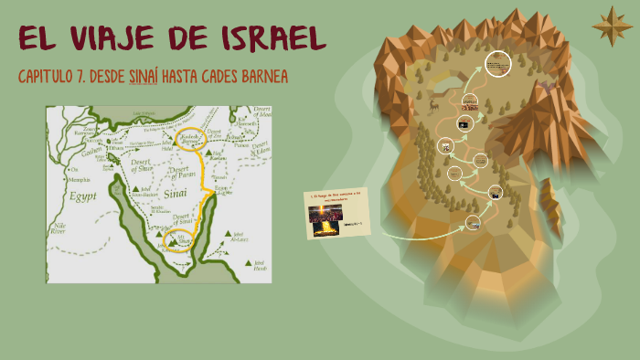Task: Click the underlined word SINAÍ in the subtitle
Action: (x=144, y=76)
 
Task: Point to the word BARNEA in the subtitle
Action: (x=261, y=76)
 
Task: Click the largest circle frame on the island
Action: (x=496, y=64)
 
